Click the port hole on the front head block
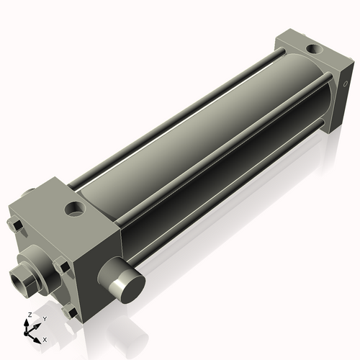[x=74, y=210]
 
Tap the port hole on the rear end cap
[x=315, y=50]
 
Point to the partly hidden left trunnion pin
[x=29, y=194]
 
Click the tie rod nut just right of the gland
[x=63, y=269]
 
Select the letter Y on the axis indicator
[x=44, y=318]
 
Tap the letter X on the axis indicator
[x=45, y=338]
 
